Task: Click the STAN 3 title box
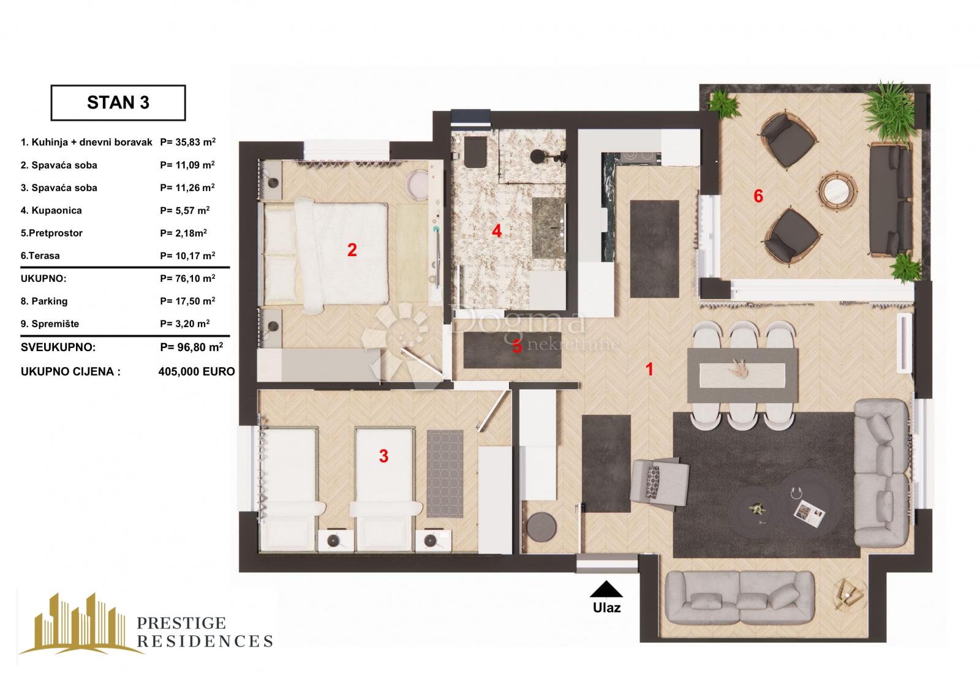[x=118, y=103]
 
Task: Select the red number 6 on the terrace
[x=758, y=196]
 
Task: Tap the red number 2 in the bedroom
[x=352, y=250]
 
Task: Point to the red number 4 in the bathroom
[x=496, y=231]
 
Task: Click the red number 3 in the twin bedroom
[x=383, y=456]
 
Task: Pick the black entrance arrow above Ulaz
[x=606, y=589]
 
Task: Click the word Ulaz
[x=606, y=608]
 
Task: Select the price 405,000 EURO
[x=197, y=372]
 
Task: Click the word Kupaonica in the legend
[x=56, y=211]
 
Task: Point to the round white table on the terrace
[x=838, y=191]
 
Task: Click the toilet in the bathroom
[x=475, y=153]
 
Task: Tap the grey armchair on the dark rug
[x=658, y=483]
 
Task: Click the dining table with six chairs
[x=742, y=375]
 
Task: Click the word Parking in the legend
[x=50, y=301]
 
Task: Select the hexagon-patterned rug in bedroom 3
[x=445, y=474]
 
